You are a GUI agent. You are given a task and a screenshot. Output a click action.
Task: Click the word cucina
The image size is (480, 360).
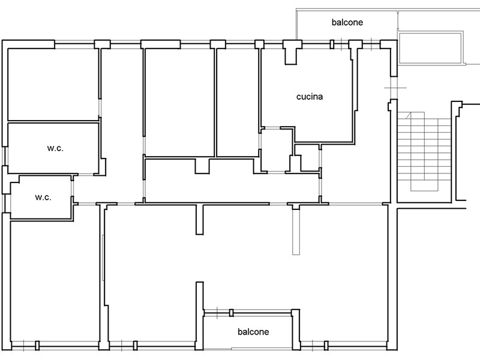[x=310, y=97]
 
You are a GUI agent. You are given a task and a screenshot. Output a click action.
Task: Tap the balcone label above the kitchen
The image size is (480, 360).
[x=347, y=22]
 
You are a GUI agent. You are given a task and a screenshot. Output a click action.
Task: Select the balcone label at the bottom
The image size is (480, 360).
[x=253, y=332]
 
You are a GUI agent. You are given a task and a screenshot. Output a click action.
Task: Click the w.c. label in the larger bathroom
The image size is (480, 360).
[x=55, y=148]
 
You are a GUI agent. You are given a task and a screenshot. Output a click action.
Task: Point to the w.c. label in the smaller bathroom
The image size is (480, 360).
[x=43, y=197]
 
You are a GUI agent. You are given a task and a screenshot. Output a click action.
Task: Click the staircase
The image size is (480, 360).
[x=424, y=152]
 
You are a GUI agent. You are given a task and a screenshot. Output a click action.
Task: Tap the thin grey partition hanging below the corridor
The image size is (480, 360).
[x=296, y=232]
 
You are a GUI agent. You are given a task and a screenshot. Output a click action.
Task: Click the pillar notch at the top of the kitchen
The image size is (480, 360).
[x=290, y=56]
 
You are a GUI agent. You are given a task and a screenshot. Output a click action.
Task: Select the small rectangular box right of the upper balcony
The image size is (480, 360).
[x=430, y=47]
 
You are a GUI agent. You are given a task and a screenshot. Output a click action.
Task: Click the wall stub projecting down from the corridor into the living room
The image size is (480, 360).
[x=200, y=219]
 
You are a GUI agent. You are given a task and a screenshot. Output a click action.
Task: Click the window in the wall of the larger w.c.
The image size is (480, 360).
[x=4, y=157]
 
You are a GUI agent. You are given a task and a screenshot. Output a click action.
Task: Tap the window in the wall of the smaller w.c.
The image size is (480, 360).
[x=4, y=203]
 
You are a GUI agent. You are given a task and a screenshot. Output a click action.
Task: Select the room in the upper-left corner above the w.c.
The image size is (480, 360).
[x=53, y=85]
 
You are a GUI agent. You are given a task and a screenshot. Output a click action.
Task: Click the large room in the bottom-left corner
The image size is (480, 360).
[x=55, y=281]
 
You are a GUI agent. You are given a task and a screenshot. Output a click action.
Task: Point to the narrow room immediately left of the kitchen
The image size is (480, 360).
[x=238, y=103]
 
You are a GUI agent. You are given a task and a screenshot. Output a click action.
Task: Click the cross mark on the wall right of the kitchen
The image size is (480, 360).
[x=394, y=88]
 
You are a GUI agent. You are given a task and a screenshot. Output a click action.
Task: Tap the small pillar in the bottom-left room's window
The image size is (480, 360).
[x=37, y=346]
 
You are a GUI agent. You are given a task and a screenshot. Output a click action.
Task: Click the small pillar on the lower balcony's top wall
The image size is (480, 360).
[x=232, y=313]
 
